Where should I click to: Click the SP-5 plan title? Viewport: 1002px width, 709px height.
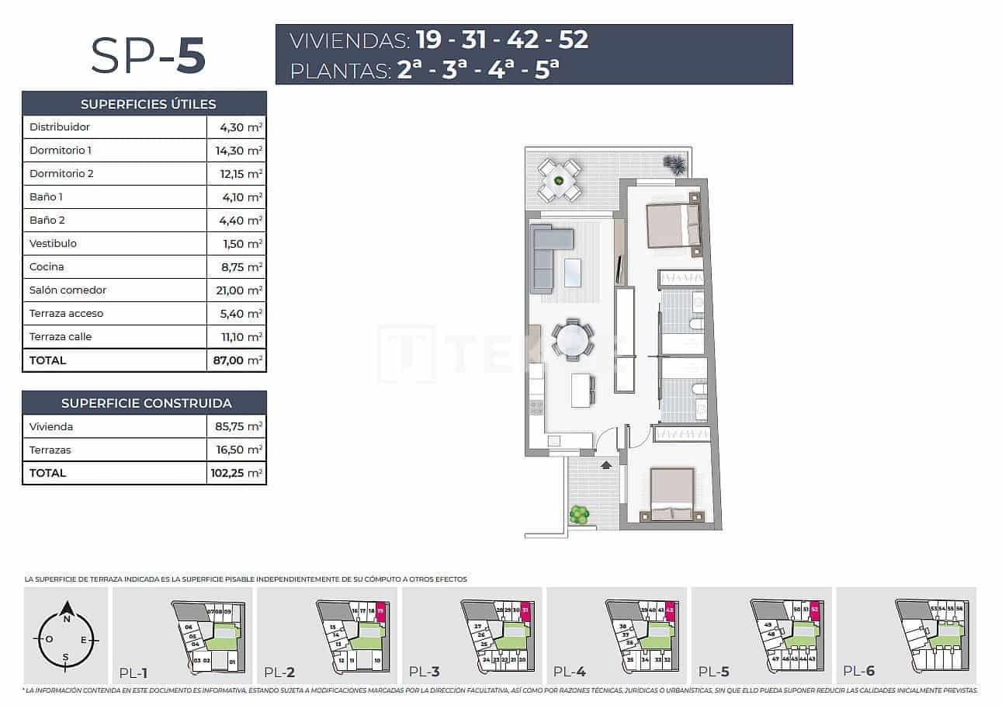tap(147, 55)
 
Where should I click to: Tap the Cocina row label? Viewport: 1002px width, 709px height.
tap(47, 267)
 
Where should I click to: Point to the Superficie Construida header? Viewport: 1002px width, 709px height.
tap(145, 403)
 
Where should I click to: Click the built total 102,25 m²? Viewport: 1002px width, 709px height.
tap(238, 473)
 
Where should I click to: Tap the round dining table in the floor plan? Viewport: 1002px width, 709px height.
tap(573, 340)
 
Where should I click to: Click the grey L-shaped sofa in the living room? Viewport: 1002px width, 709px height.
tap(545, 252)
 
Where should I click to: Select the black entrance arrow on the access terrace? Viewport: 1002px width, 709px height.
tap(605, 465)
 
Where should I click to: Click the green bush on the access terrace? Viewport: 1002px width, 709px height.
tap(578, 514)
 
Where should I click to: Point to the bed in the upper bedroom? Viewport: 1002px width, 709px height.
tap(673, 225)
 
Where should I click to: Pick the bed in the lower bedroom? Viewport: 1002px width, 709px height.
tap(671, 495)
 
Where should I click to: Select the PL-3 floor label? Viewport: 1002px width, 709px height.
tap(425, 673)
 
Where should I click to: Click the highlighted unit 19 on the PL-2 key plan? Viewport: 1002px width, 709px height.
tap(380, 612)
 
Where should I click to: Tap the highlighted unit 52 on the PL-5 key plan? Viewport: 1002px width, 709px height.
tap(815, 610)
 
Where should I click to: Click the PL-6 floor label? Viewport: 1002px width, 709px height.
tap(858, 673)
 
